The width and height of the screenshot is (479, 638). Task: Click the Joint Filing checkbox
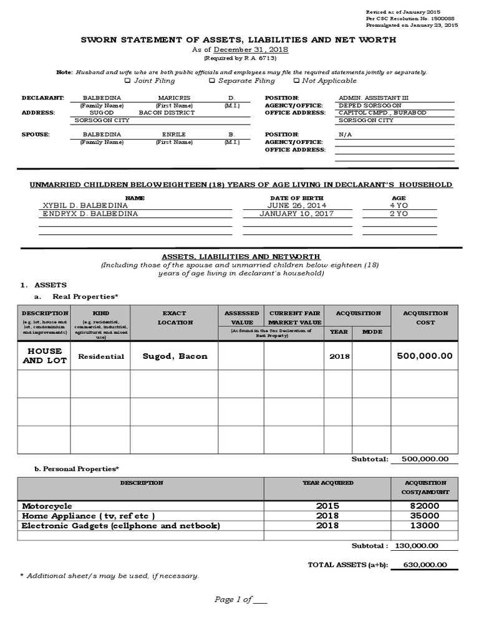click(x=128, y=80)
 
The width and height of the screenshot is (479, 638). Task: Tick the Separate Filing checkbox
click(x=212, y=80)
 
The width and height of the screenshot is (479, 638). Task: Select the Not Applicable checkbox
click(x=296, y=80)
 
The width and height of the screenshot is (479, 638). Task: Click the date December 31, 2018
click(x=251, y=50)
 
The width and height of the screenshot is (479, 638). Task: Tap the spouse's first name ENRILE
click(x=174, y=134)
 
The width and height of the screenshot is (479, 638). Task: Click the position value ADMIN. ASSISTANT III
click(x=368, y=98)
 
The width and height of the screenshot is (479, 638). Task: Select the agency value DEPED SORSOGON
click(x=364, y=105)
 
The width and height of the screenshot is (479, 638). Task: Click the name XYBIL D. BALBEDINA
click(x=85, y=205)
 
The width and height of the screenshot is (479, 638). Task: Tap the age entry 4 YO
click(x=399, y=205)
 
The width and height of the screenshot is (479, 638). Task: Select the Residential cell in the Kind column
click(x=100, y=356)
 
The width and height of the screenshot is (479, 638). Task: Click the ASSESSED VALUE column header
click(x=241, y=318)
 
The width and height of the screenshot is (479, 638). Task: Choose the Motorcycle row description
click(x=47, y=506)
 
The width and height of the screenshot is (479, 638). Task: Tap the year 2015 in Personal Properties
click(x=327, y=506)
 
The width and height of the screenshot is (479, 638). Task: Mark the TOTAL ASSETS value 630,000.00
click(x=425, y=564)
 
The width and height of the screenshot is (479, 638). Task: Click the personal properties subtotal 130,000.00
click(x=417, y=545)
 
